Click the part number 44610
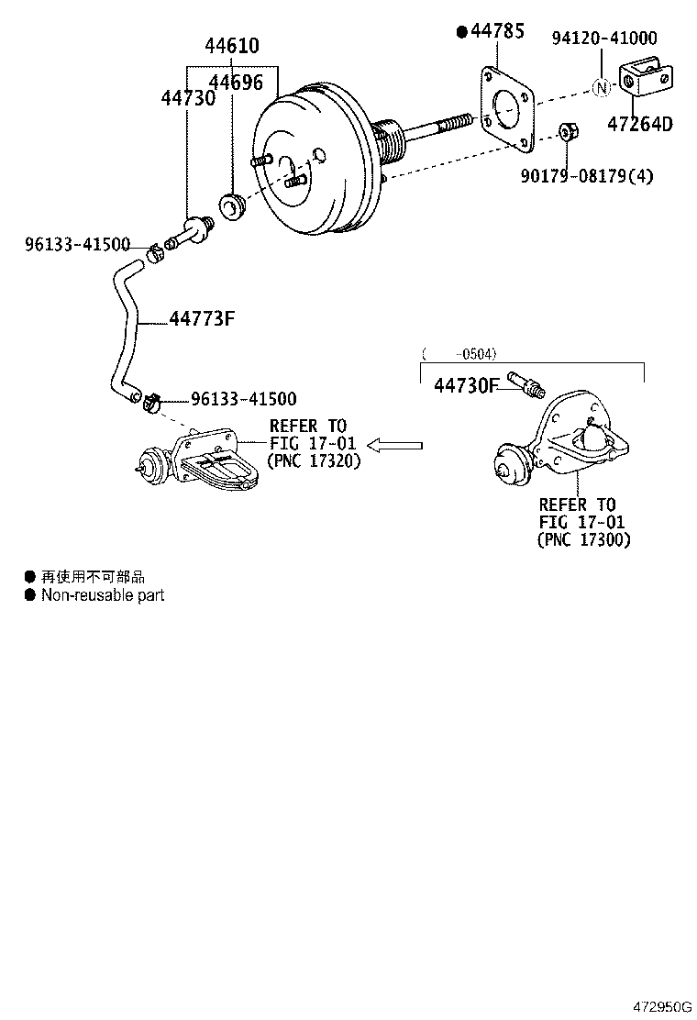231,46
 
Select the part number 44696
236,83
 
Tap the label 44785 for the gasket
497,32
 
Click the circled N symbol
601,88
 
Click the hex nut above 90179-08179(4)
567,132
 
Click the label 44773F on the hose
202,318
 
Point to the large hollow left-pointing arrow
395,446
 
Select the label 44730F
465,386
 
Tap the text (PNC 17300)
583,540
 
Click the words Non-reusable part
103,595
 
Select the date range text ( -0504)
459,353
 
